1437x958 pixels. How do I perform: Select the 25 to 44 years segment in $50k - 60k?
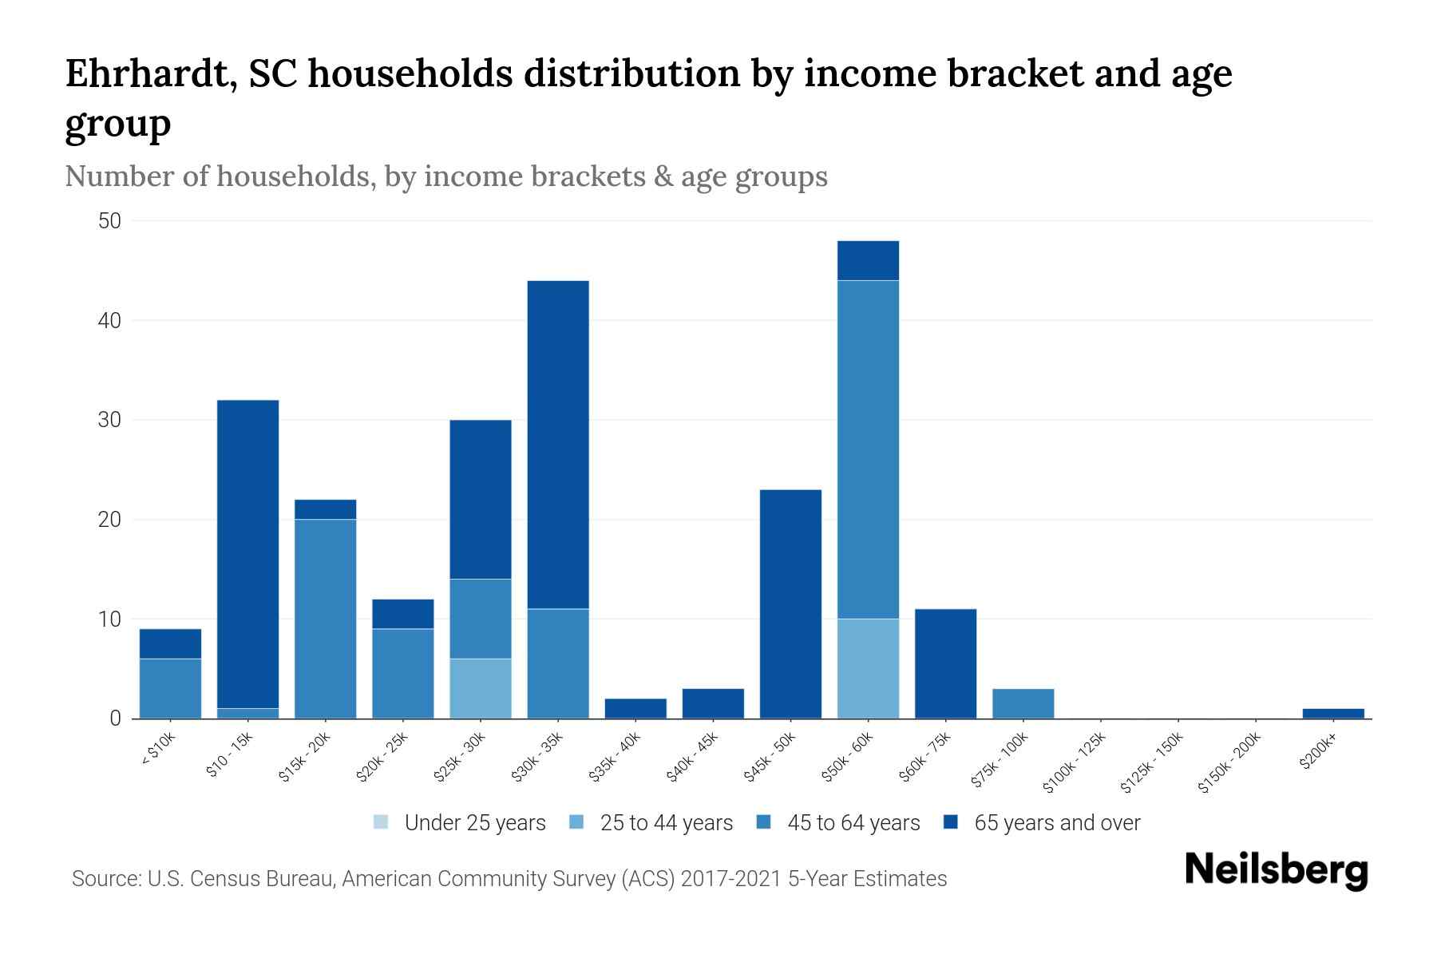pos(868,668)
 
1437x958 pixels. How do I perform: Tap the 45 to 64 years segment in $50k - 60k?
pos(868,449)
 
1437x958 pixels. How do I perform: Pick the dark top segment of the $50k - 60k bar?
pos(868,260)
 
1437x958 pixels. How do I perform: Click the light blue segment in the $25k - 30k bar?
pos(481,688)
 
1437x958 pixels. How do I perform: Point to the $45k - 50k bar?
pos(790,604)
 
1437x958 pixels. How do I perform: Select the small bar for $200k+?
pos(1333,713)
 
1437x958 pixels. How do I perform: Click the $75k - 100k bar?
pos(1023,703)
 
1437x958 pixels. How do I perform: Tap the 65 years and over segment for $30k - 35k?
pos(558,444)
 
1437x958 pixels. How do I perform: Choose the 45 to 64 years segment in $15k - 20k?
pos(326,619)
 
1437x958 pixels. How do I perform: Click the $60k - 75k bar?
pos(945,663)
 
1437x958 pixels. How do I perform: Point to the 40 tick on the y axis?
pos(109,321)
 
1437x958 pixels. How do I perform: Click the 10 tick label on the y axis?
pos(109,620)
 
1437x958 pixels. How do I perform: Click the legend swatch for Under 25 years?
pos(382,822)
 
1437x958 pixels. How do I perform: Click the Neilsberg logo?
pos(1276,869)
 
